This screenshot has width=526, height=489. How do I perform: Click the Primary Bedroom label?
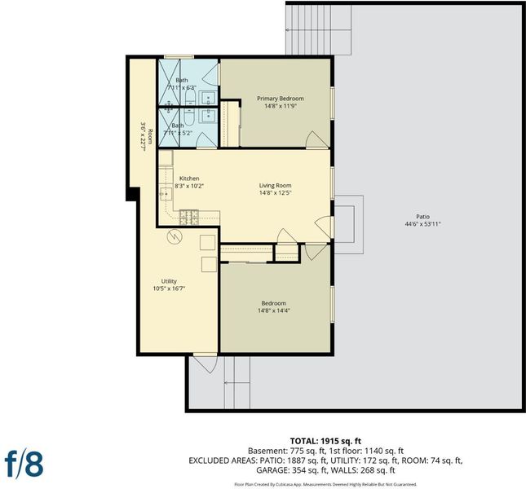point(281,99)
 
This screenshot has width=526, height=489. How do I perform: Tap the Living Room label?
point(275,185)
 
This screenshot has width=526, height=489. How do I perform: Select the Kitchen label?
point(189,178)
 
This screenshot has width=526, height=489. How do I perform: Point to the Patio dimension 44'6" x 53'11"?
point(422,224)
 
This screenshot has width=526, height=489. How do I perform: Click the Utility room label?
point(169,281)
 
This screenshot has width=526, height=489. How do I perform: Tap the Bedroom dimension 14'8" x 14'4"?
point(274,311)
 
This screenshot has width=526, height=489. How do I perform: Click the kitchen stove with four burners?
point(189,217)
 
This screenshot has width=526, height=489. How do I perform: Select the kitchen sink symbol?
point(166,194)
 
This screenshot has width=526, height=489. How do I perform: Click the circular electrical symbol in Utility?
point(175,236)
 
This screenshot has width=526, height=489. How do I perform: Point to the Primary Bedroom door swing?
point(316,139)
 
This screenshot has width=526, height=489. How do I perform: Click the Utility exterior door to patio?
point(206,363)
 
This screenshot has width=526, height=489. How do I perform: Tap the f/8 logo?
point(24,464)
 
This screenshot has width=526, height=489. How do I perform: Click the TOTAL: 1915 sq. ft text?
point(325,441)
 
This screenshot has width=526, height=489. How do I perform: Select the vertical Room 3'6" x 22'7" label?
point(147,137)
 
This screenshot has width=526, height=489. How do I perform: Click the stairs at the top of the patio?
point(318,29)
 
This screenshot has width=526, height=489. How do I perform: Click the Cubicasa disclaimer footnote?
point(325,484)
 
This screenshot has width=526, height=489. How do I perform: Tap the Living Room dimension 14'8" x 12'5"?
point(275,192)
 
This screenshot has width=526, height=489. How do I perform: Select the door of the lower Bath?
point(206,140)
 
